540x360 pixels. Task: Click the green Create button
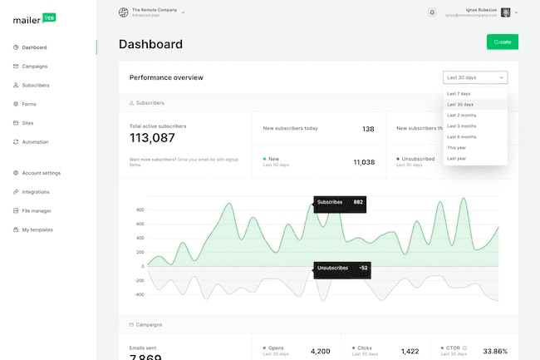(502, 42)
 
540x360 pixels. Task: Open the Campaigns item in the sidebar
(34, 66)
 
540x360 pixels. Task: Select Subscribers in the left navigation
(36, 85)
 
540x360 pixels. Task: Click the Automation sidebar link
(35, 142)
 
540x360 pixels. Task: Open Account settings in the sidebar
(41, 173)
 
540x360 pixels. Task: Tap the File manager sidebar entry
(37, 210)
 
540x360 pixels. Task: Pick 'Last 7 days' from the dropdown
(459, 94)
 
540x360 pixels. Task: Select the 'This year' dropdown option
(458, 147)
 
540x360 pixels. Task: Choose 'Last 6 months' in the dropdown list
(461, 136)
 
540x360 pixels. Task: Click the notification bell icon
(432, 12)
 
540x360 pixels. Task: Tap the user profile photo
(506, 12)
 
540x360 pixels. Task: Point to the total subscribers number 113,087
(152, 138)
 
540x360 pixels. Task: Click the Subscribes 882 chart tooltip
(339, 202)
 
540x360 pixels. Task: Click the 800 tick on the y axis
(140, 210)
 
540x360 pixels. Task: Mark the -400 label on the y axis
(139, 294)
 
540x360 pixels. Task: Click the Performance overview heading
(166, 77)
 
